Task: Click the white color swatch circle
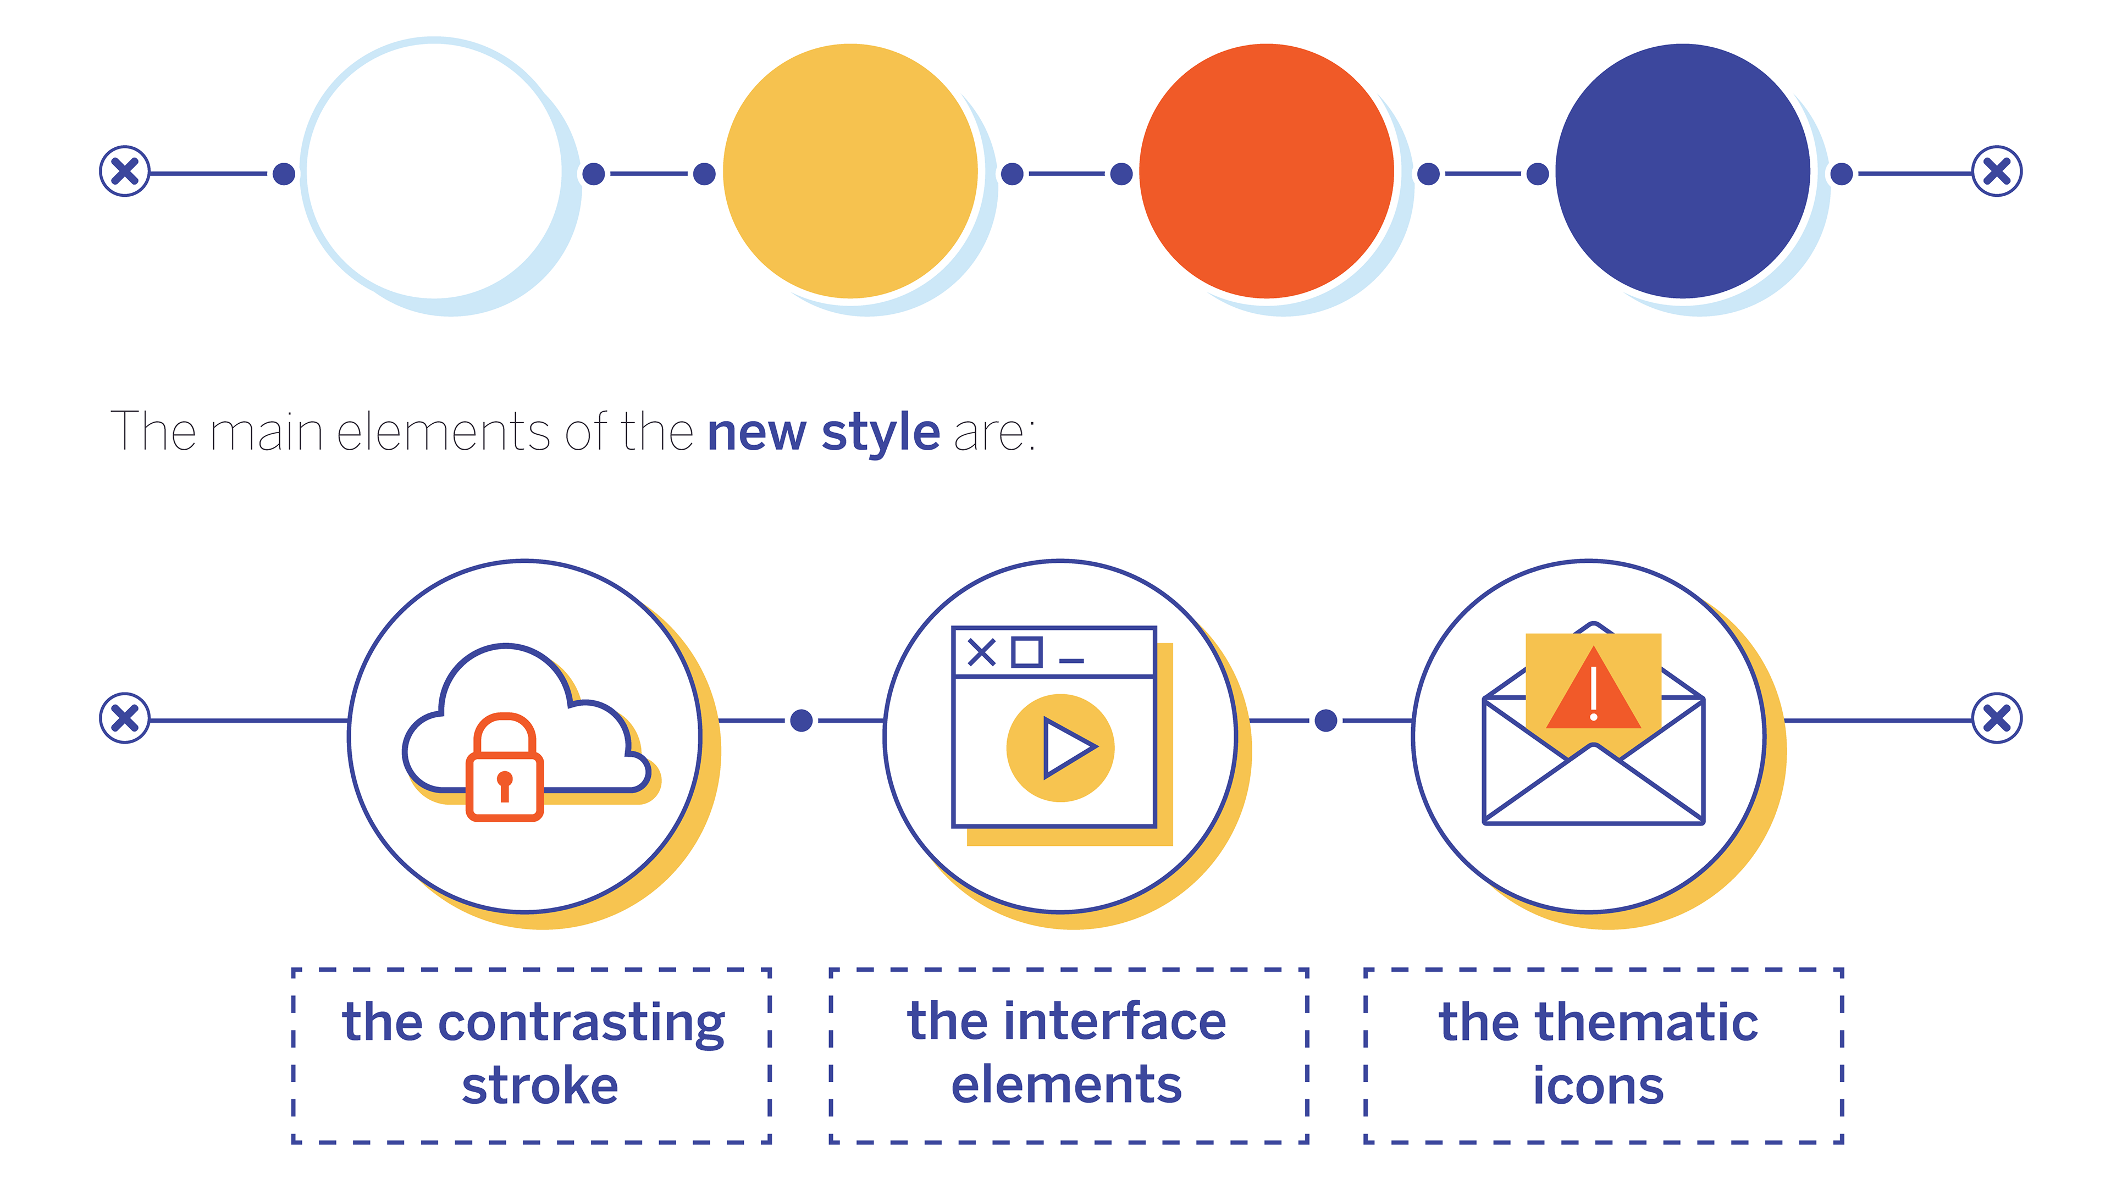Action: pos(435,171)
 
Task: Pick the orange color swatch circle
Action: pos(1267,171)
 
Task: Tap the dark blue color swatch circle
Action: pos(1682,171)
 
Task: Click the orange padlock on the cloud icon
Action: pos(504,768)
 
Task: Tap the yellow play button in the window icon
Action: pos(1059,748)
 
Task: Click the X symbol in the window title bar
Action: pos(982,653)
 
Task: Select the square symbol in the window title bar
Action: pos(1027,652)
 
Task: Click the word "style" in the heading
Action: pos(881,433)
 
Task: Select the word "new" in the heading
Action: pos(756,433)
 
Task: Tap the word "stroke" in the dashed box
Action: pos(540,1086)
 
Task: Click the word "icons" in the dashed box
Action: pos(1598,1086)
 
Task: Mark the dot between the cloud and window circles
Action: pos(801,721)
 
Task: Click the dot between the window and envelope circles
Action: pos(1325,721)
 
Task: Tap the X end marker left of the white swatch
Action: pos(125,171)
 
